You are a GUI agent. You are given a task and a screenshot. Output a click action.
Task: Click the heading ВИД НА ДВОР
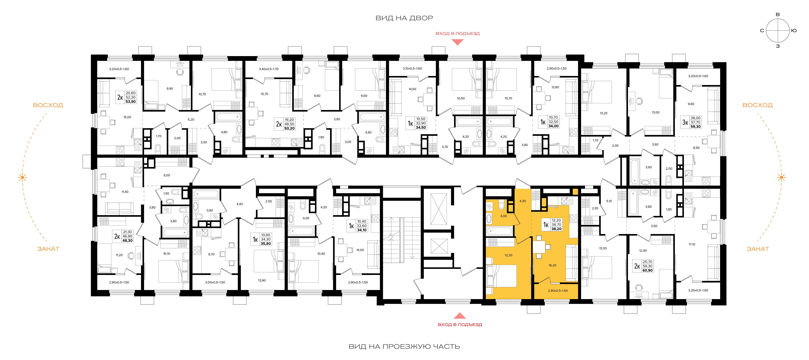tap(404, 18)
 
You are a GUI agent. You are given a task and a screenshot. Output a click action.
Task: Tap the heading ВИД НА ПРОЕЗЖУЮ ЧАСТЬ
tap(404, 347)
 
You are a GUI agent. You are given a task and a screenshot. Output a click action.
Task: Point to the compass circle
tap(778, 30)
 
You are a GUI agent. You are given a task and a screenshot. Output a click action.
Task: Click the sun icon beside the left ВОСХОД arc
tap(22, 178)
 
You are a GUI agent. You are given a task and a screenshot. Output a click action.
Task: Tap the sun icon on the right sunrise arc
tap(781, 178)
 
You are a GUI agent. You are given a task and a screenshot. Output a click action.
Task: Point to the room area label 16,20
tap(552, 265)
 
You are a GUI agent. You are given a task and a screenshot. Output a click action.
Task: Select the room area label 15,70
tap(264, 94)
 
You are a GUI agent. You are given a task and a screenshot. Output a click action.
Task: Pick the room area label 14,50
tap(412, 89)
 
